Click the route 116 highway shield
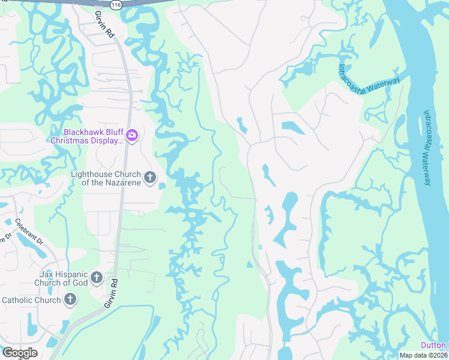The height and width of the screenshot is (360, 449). tap(116, 4)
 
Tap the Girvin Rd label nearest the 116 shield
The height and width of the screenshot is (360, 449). tap(104, 24)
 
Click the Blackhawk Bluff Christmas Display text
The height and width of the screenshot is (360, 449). tap(86, 136)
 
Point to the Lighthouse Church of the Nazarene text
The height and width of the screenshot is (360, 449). tap(106, 178)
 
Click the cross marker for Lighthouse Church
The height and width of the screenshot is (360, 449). tap(150, 178)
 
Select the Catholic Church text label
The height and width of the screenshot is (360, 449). tap(31, 300)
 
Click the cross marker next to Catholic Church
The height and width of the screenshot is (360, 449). tap(70, 299)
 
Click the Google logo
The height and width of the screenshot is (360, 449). tap(20, 353)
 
